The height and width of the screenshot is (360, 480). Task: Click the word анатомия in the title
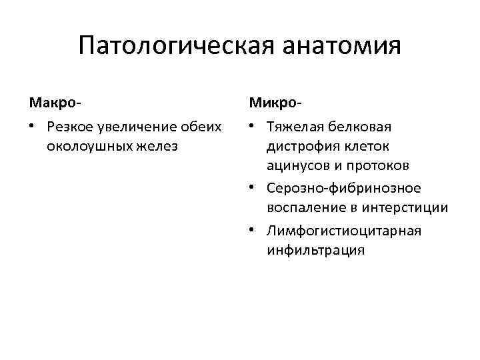point(342,47)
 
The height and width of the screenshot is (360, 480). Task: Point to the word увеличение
point(142,127)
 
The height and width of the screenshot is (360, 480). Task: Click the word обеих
point(206,127)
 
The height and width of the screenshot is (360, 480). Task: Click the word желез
point(157,145)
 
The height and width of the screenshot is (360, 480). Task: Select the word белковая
point(362,127)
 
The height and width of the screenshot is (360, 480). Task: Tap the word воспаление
point(306,207)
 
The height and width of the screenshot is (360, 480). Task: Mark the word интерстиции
point(405,207)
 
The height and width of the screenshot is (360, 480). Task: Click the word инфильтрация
point(315,250)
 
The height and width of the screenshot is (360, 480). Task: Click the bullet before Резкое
point(32,127)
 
